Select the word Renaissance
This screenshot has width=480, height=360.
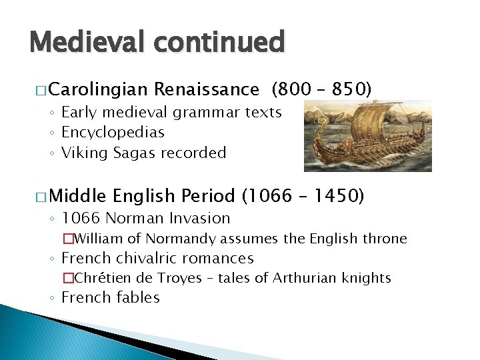[x=206, y=89]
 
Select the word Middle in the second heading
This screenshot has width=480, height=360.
[x=77, y=196]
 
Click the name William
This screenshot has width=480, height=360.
[x=100, y=238]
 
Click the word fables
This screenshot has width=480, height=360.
[x=137, y=297]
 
